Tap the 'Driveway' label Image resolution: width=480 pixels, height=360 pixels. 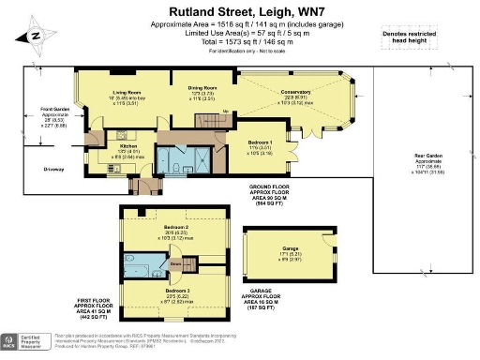pos(53,169)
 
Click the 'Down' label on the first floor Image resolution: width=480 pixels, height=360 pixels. pos(176,263)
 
